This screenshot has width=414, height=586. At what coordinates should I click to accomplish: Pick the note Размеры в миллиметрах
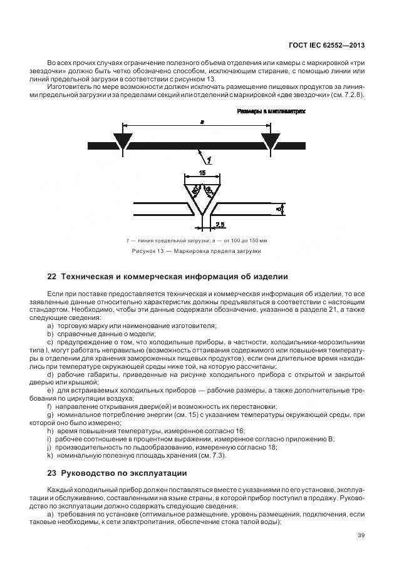pyautogui.click(x=271, y=111)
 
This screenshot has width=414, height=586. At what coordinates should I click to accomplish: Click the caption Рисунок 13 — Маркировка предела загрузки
pyautogui.click(x=196, y=251)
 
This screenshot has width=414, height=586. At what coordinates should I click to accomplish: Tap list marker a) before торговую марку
pyautogui.click(x=51, y=326)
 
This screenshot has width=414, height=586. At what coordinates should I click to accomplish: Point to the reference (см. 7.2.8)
pyautogui.click(x=347, y=95)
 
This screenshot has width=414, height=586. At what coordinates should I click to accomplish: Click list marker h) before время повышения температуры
pyautogui.click(x=51, y=431)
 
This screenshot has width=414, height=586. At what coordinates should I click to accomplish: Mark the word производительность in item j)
pyautogui.click(x=85, y=447)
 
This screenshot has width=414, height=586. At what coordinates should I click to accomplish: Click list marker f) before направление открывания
pyautogui.click(x=50, y=406)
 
